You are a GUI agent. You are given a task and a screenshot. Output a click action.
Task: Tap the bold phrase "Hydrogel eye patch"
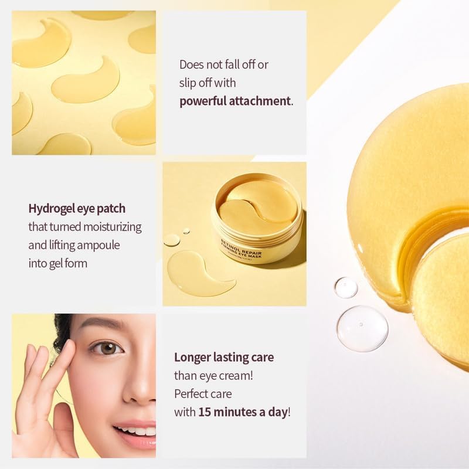[77, 208]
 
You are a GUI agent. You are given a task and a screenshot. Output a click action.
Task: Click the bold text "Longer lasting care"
[224, 356]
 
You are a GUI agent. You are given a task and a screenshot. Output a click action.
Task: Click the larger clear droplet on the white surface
[362, 328]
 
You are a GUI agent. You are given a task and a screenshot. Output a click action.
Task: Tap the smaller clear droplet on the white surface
[346, 287]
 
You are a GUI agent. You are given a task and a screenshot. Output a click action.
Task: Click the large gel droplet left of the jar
[172, 240]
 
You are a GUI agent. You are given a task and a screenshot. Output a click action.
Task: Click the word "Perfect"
[193, 393]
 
